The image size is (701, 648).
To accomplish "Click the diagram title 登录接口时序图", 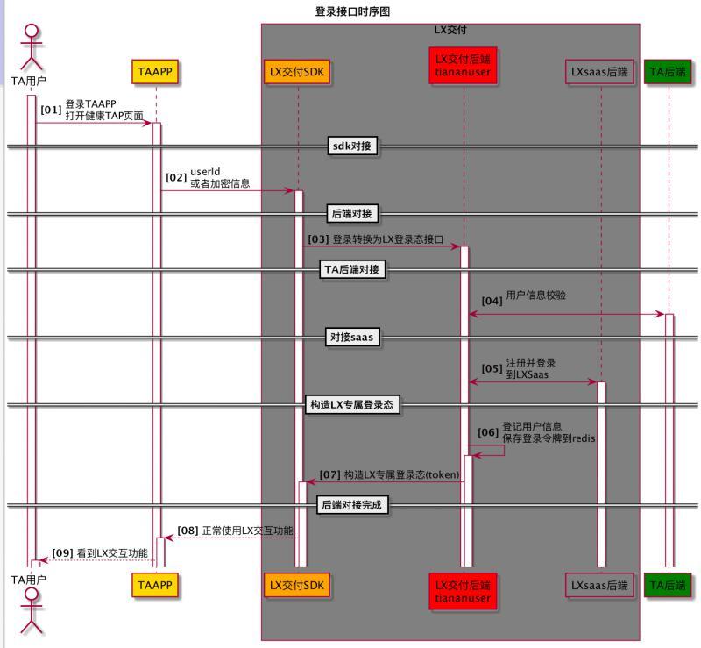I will (352, 11).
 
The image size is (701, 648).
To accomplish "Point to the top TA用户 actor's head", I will (32, 33).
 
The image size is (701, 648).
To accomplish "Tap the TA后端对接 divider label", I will (352, 270).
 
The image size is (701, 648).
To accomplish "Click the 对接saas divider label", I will (352, 338).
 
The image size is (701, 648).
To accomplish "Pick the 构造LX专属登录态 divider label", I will (352, 405).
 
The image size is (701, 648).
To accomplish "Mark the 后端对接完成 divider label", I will (352, 505).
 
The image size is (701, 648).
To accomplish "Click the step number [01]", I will (51, 110).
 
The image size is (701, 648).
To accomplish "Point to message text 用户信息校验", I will (535, 296).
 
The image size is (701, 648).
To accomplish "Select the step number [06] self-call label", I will (487, 432).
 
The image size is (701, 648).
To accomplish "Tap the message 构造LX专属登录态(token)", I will (389, 474).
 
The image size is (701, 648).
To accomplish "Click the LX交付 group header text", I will (450, 30).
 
